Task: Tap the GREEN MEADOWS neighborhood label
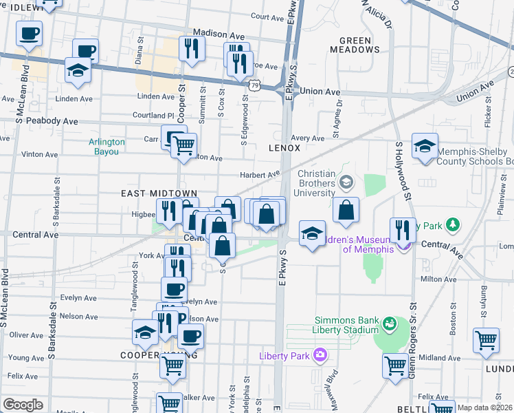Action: [x=355, y=45]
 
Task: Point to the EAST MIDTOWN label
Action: [x=159, y=194]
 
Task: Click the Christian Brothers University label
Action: [x=325, y=182]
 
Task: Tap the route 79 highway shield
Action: [x=254, y=85]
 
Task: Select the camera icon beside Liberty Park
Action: [x=320, y=355]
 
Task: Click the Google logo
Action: [x=23, y=405]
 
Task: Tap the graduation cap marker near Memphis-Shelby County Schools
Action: [x=425, y=147]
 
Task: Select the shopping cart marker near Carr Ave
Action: [x=183, y=145]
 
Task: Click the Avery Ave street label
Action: [x=307, y=138]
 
